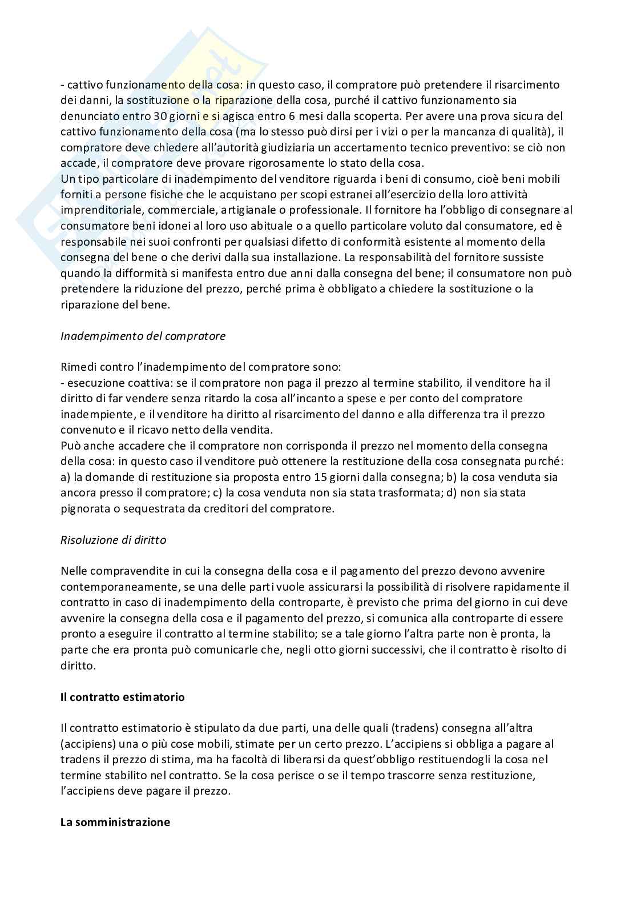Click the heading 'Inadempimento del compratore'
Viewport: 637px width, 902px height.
(143, 336)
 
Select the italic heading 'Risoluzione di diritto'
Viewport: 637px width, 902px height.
(113, 540)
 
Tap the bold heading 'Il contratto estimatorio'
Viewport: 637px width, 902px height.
(123, 697)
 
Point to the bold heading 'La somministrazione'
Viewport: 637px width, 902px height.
(115, 823)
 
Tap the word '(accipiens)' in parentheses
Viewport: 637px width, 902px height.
(86, 744)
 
